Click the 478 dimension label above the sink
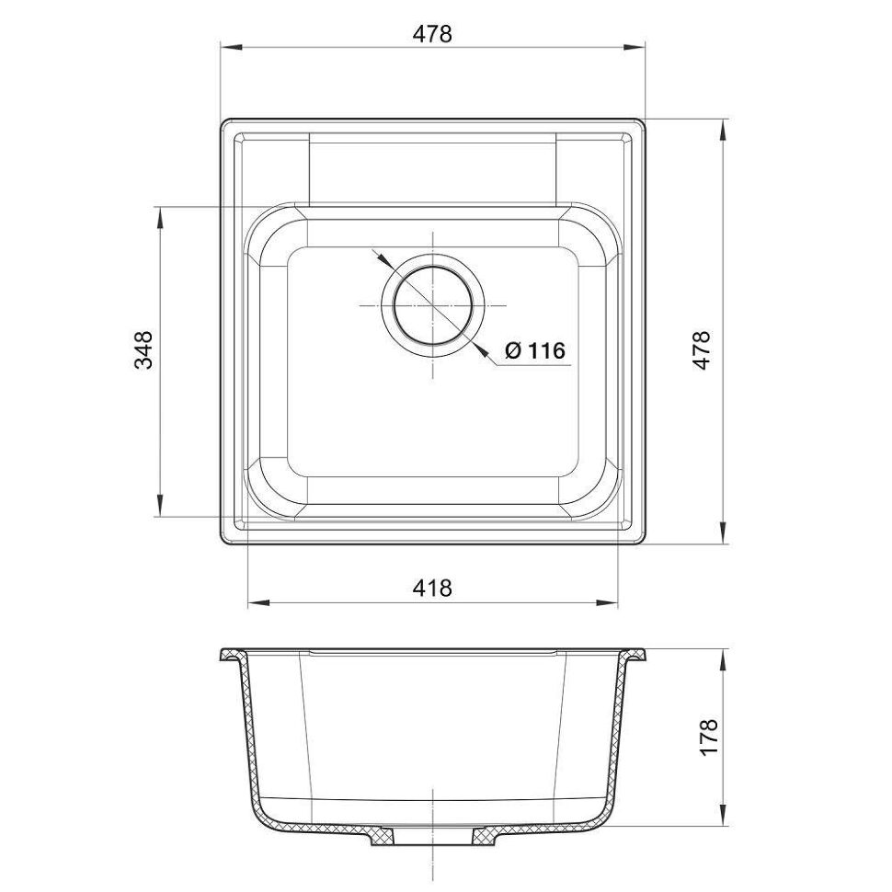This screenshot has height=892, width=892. tap(432, 34)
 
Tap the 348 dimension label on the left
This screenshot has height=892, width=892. tap(144, 349)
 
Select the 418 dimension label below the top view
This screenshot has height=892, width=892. tap(432, 587)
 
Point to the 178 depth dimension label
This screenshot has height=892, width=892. tap(709, 737)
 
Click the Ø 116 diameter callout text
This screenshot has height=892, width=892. tap(535, 350)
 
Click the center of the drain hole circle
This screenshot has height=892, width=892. tap(433, 306)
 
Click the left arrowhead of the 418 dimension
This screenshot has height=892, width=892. tap(259, 602)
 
